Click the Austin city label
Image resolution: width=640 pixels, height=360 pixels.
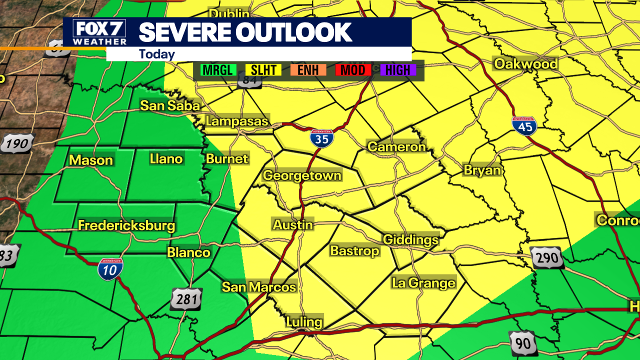coord(293,224)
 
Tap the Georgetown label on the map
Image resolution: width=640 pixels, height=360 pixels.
coord(302,175)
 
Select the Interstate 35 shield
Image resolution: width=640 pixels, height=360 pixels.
coord(322,138)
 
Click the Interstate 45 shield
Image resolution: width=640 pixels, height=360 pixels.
coord(524,126)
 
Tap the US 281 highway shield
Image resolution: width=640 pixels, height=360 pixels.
coord(186,299)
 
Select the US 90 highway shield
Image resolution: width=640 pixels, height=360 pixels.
coord(523,343)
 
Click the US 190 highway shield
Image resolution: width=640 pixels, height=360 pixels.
coord(17,144)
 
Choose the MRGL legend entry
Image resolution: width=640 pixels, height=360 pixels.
coord(218,70)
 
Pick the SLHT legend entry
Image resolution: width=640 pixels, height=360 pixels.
coord(263,70)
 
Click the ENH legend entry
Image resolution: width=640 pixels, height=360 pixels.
coord(308,70)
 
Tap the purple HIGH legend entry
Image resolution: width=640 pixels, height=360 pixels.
coord(398,70)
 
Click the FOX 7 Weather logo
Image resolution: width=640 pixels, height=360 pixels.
coord(95,32)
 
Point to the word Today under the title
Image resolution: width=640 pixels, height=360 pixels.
coord(157,54)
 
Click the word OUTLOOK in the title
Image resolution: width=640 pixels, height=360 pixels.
coord(294,32)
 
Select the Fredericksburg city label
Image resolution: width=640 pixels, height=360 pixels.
coord(126,225)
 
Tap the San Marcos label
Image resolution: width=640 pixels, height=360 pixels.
coord(259,287)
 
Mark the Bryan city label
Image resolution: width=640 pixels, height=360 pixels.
coord(482,170)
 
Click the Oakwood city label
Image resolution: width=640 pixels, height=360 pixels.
coord(525,63)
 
